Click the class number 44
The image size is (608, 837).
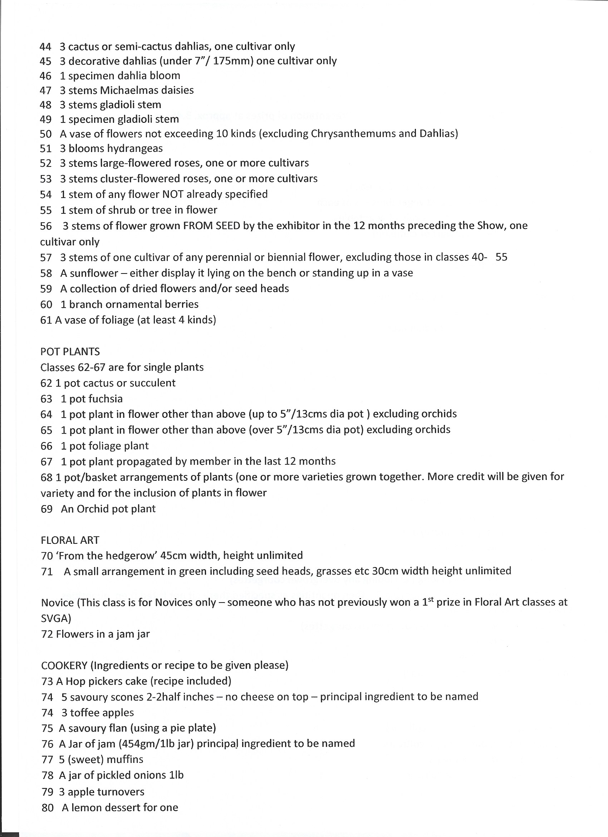[x=45, y=47]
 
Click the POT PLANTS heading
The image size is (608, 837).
[x=70, y=352]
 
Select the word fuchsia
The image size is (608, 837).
[x=106, y=399]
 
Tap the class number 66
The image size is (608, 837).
[x=46, y=446]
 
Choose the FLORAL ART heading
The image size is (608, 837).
[x=70, y=540]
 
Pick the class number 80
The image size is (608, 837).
[x=48, y=808]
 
